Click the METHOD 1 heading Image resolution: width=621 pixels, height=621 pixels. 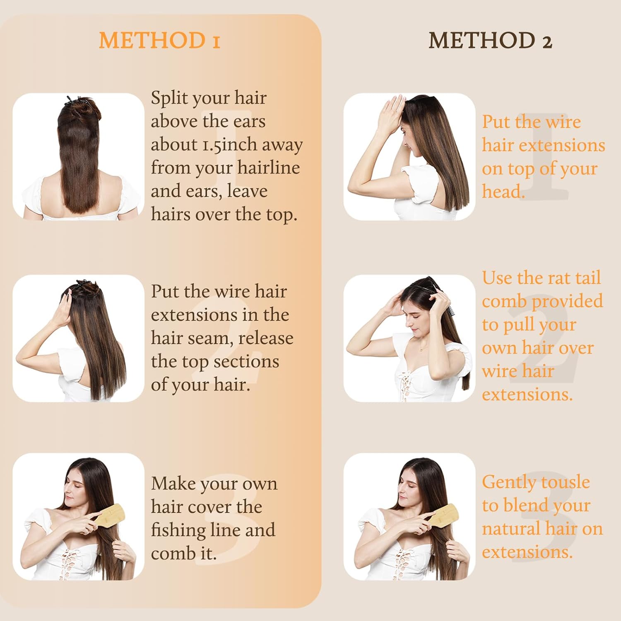(159, 41)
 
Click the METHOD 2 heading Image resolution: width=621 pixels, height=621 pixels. (490, 41)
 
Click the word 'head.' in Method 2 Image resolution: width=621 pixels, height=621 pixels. (503, 192)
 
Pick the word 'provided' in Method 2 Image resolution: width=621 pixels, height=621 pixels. (567, 301)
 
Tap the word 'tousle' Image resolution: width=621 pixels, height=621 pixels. (566, 482)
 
